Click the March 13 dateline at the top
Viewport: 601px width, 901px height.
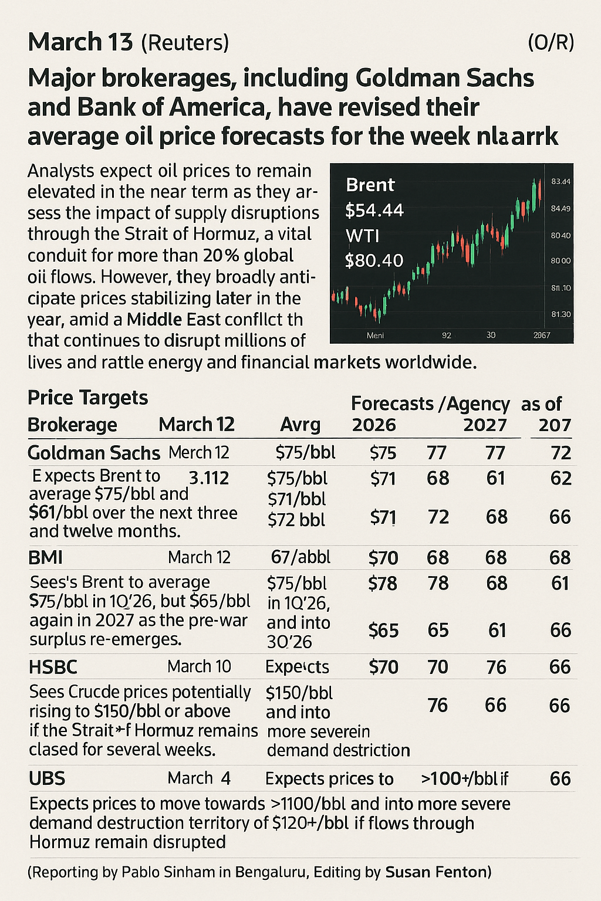(81, 43)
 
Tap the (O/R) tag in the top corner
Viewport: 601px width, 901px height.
(551, 43)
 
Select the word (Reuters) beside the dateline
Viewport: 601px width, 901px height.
(185, 43)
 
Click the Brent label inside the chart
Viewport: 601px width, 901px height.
(370, 185)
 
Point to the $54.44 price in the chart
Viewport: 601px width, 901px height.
(374, 210)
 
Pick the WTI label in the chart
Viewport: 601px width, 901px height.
(362, 236)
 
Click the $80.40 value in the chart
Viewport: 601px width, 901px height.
(374, 260)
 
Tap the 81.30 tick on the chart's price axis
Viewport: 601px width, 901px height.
(561, 314)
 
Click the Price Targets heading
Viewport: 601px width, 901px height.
(87, 398)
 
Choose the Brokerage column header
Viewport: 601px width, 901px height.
(72, 425)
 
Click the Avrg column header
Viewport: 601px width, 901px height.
(300, 425)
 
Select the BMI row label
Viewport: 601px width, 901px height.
(45, 557)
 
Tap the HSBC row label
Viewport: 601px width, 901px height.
(53, 667)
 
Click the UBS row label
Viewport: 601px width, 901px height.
(47, 779)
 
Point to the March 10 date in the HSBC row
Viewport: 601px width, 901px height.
(199, 667)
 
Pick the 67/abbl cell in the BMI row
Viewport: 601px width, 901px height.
(300, 557)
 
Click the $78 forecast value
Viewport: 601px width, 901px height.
(383, 584)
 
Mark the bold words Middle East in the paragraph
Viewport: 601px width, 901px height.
(174, 320)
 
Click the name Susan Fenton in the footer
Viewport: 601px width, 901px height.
(437, 872)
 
